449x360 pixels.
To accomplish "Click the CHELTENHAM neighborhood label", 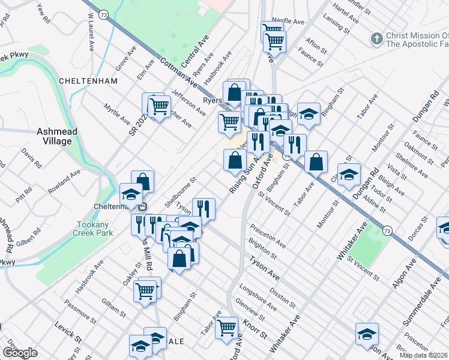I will point(83,80).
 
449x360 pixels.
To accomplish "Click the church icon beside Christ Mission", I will point(376,39).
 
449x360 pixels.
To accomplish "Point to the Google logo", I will point(20,353).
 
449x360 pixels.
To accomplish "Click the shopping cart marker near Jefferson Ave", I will point(159,106).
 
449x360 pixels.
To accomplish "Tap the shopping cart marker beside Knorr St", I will point(226,327).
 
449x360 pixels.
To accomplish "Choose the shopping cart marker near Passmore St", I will point(145,290).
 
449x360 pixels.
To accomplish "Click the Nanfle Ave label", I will point(288,21).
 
